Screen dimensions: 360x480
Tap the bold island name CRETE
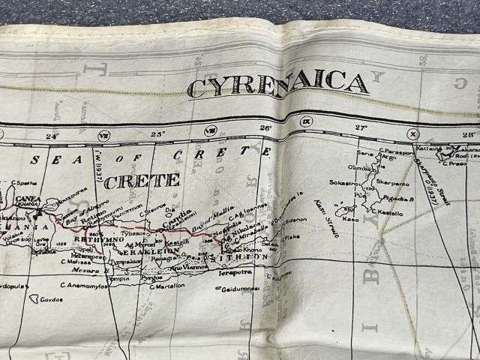[142, 181]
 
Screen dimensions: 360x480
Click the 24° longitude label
[51, 136]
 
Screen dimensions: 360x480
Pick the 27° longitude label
[361, 127]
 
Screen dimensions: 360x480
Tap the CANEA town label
[28, 199]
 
